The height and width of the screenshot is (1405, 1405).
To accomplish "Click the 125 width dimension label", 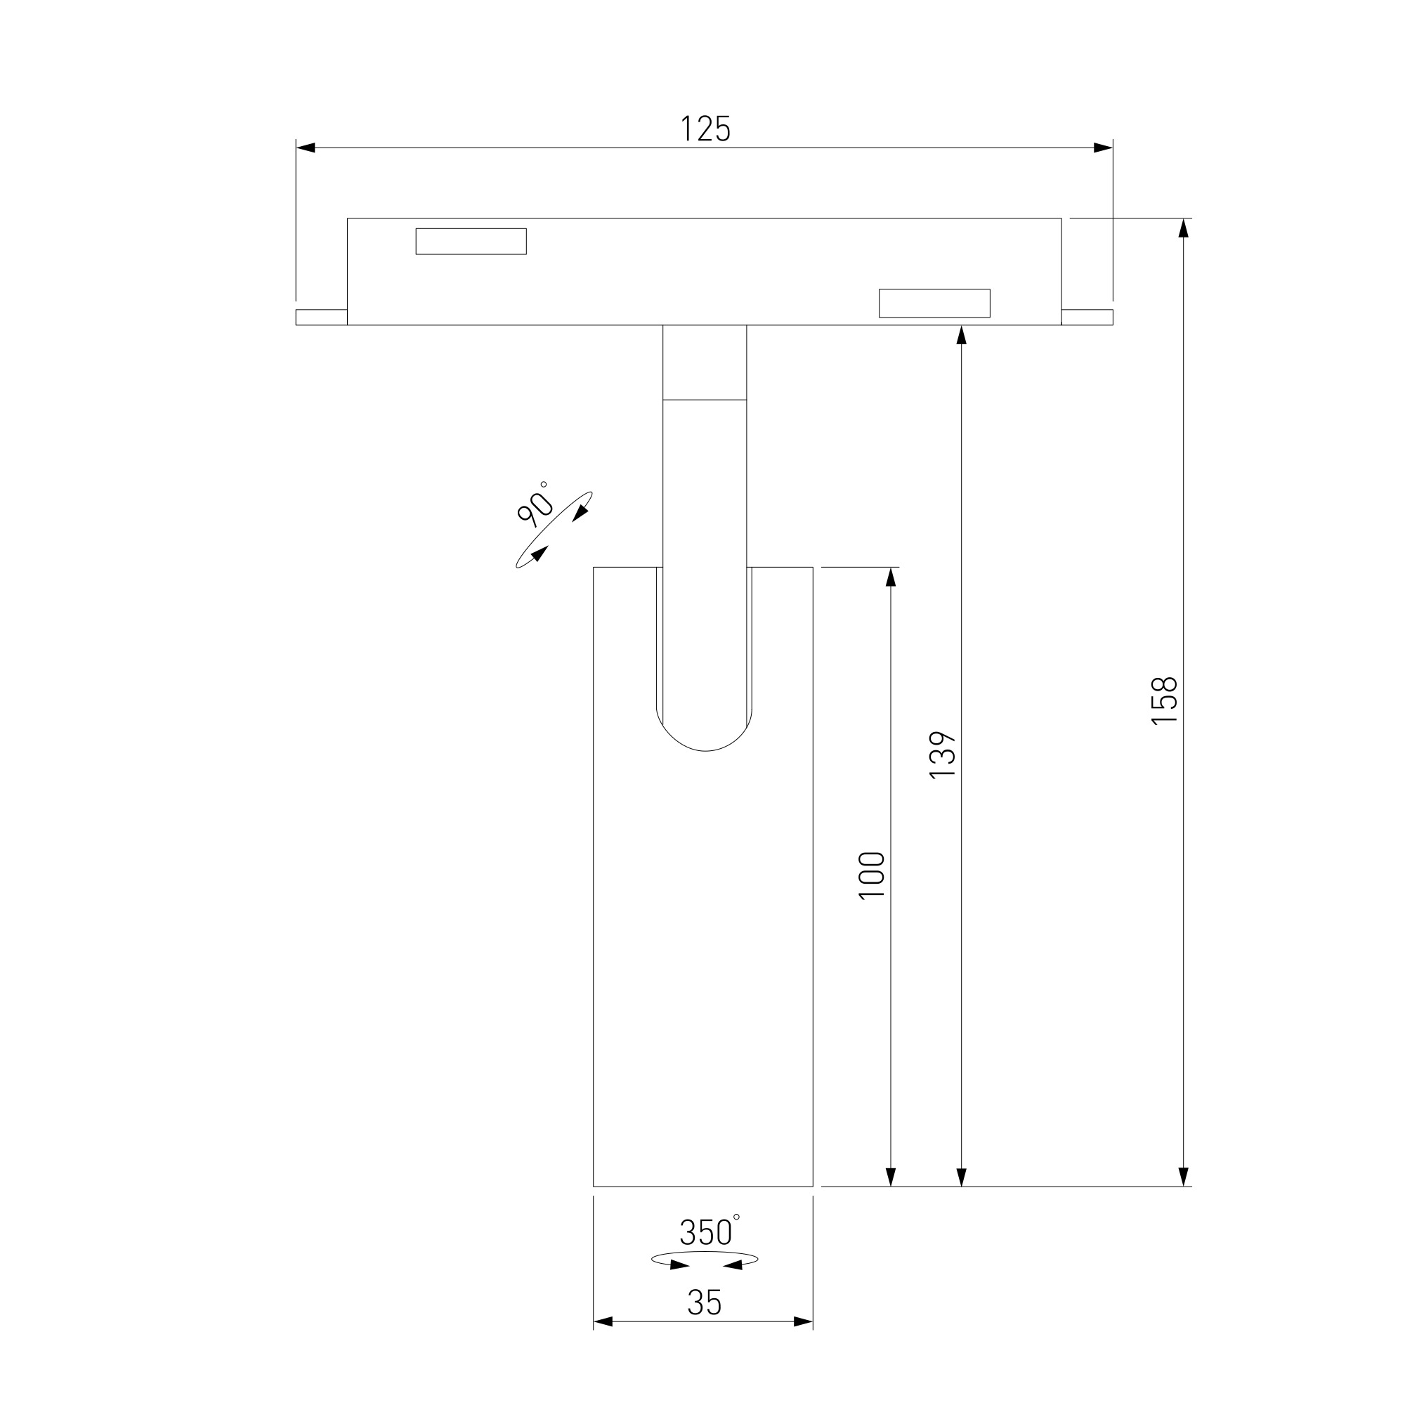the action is (x=705, y=129).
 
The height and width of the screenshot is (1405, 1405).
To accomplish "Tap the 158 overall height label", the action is (x=1164, y=700).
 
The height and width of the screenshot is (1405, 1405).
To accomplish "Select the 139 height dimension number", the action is (x=943, y=755).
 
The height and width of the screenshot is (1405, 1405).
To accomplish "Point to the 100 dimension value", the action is (x=872, y=875).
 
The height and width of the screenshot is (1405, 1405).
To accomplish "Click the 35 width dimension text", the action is (x=704, y=1302).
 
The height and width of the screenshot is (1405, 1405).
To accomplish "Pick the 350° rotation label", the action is (x=709, y=1231).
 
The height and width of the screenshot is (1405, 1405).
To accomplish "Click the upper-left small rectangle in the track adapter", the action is (x=471, y=242).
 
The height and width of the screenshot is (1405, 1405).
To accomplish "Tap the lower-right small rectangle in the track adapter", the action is (x=934, y=303).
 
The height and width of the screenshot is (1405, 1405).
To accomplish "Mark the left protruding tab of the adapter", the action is (x=322, y=317).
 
